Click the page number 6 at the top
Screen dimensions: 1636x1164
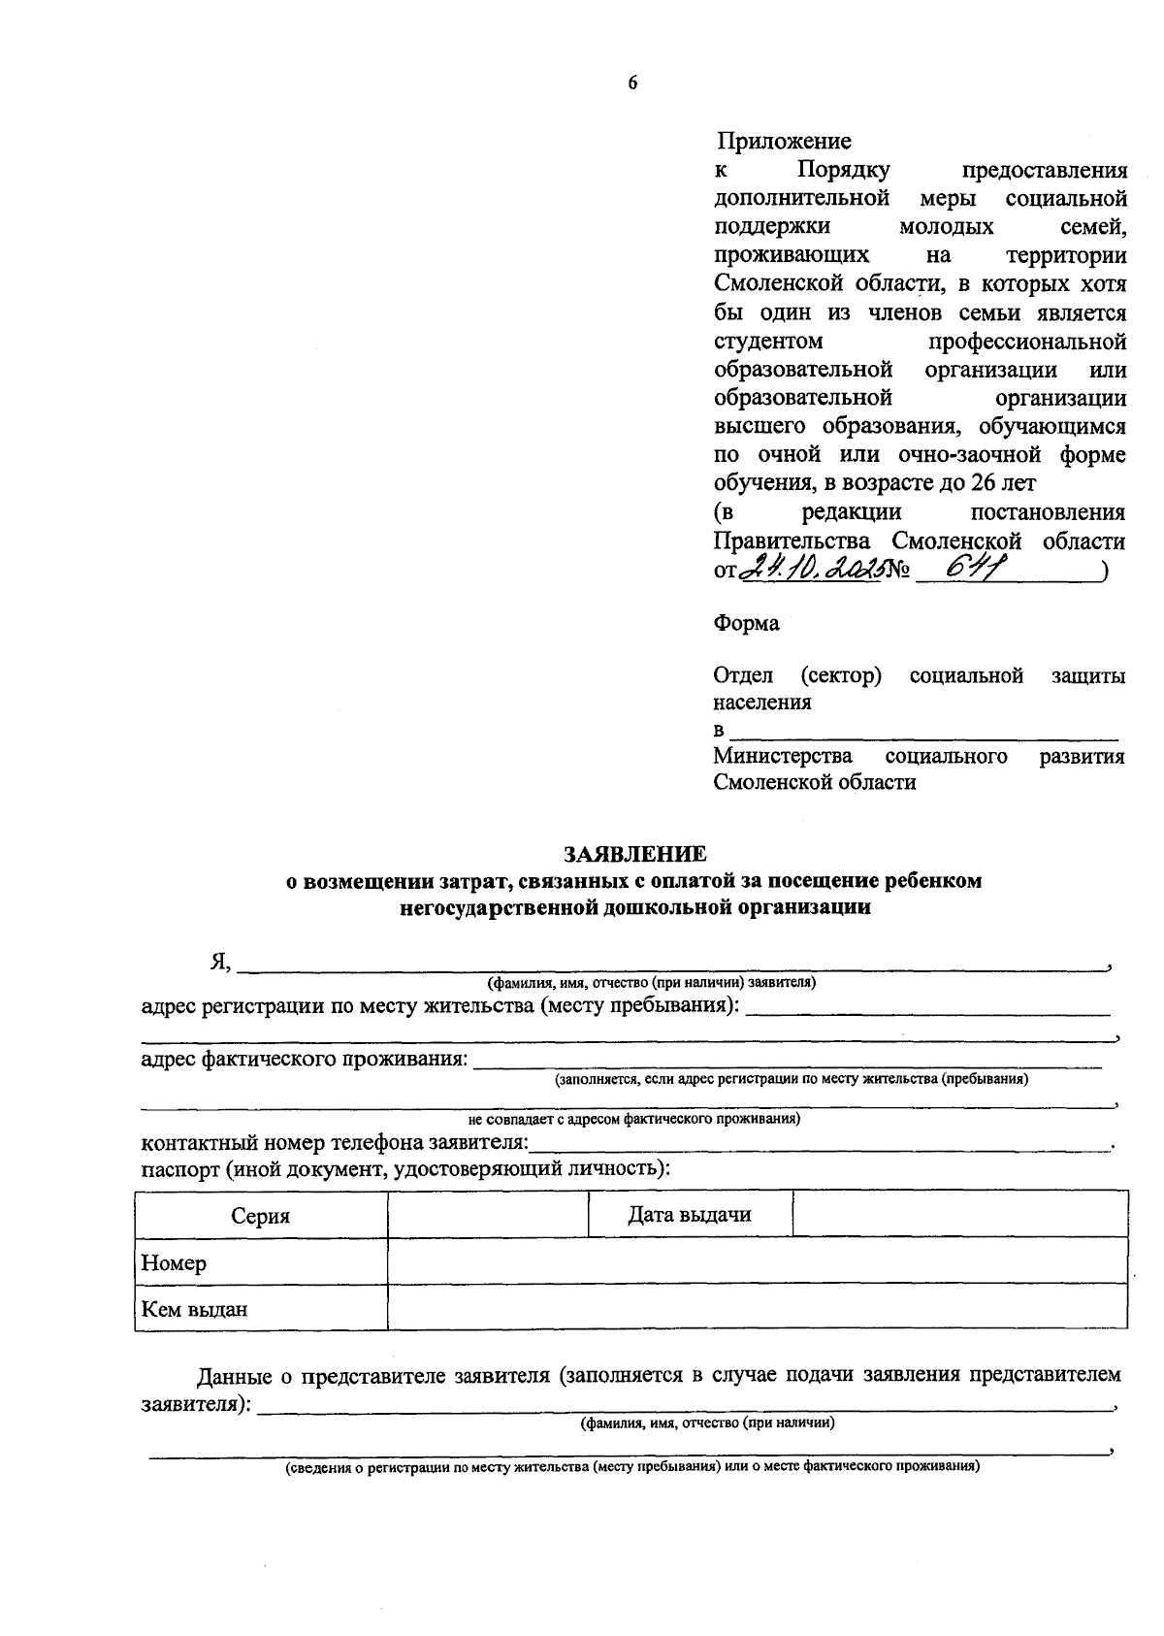click(632, 84)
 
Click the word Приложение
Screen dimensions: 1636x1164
click(784, 142)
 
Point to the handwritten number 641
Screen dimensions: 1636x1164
click(974, 571)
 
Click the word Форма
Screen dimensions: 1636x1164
click(746, 624)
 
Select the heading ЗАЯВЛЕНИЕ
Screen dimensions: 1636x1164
click(635, 854)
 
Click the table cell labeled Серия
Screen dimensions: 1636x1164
click(261, 1216)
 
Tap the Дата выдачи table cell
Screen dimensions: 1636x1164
click(689, 1215)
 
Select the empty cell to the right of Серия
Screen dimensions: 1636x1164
click(488, 1215)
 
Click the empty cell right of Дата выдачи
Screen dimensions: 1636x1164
click(959, 1215)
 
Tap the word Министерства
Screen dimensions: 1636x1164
click(783, 756)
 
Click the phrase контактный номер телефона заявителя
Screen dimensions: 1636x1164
click(335, 1142)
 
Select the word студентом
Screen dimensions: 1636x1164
click(768, 342)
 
